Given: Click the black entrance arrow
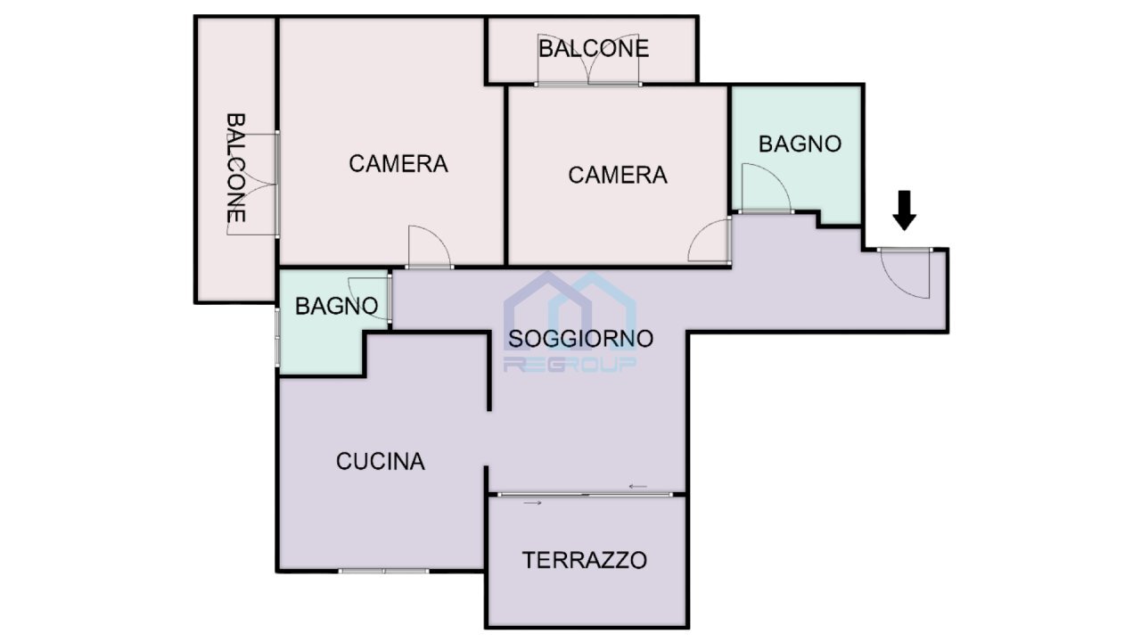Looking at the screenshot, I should [x=905, y=210].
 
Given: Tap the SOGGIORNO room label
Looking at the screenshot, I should [x=580, y=339].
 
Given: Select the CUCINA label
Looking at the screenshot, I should [x=381, y=462].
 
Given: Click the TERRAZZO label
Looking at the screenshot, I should [x=585, y=560].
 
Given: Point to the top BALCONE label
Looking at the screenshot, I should [x=594, y=48].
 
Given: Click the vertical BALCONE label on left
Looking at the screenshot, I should [x=235, y=167].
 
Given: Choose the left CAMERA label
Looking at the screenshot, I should [x=398, y=164].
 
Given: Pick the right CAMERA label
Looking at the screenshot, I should [x=618, y=175].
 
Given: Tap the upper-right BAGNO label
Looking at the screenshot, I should [x=800, y=144].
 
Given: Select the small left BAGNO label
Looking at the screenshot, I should [x=336, y=306].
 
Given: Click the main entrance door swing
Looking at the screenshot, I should [x=906, y=272].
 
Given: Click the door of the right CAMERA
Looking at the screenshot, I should [x=710, y=242].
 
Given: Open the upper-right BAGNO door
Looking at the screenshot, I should [x=766, y=190].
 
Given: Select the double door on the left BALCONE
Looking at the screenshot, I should [x=255, y=185].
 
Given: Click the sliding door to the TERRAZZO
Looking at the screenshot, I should [x=585, y=494].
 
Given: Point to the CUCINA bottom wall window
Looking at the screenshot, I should [x=384, y=571].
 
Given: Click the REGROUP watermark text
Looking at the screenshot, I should [x=570, y=364].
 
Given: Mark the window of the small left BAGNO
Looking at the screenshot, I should [x=277, y=337].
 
